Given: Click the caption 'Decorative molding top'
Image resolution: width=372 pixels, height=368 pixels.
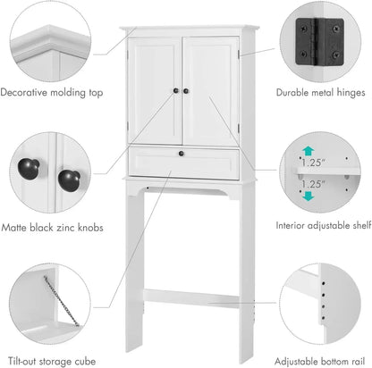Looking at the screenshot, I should point(52,92).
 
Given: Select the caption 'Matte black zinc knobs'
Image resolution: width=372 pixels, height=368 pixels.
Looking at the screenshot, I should point(52,228).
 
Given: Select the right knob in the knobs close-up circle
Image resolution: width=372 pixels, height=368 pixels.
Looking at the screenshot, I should point(69,178).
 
